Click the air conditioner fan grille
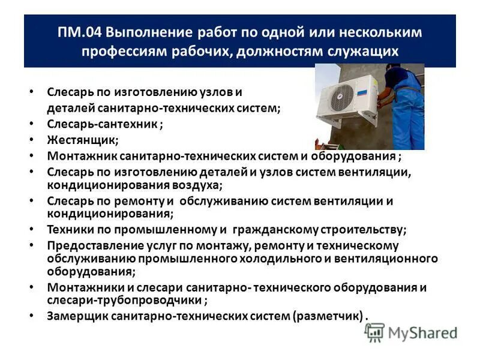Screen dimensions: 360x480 342,98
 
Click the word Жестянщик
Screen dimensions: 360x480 82,140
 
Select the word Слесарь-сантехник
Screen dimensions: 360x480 102,124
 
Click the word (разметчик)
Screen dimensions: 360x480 328,316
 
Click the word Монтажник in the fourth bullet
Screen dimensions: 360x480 80,156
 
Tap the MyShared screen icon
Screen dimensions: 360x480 374,332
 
